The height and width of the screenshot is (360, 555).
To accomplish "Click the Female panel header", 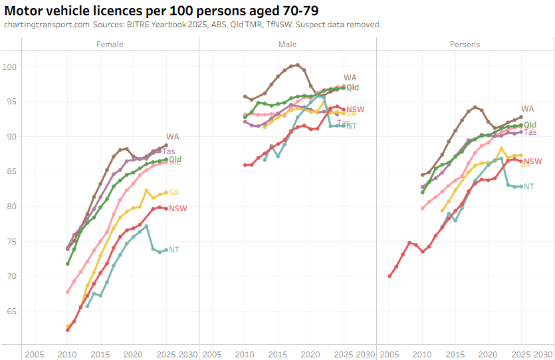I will coord(110,45).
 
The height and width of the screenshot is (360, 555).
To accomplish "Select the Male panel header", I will coord(287,45).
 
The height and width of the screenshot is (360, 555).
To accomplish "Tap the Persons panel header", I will coord(465,45).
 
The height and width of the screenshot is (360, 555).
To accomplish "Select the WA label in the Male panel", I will coord(350,78).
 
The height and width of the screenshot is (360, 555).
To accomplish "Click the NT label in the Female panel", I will coord(174,250).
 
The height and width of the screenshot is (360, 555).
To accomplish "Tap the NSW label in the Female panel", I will coord(178,209).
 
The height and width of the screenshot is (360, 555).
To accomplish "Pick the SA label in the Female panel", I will coord(173,193).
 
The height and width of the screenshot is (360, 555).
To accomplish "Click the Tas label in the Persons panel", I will coord(531,132).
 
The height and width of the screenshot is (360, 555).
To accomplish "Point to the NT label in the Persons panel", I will coord(529,187).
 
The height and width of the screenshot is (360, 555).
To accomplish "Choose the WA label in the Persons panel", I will coord(528,109).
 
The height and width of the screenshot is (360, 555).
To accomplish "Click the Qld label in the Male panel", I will coord(352,88).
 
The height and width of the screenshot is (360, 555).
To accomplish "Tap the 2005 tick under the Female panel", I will coord(35,353).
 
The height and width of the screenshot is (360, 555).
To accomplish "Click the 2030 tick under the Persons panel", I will coord(542,353).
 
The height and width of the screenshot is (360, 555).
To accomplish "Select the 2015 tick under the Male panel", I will coord(278,353).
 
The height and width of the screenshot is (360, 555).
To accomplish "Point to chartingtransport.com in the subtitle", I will coord(46,25).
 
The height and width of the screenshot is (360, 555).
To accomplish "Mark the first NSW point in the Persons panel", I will coord(390,276).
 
